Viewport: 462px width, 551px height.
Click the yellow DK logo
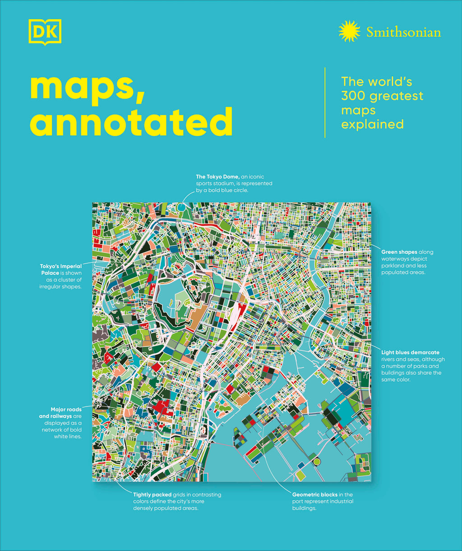click(44, 32)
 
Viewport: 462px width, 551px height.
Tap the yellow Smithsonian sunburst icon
click(350, 32)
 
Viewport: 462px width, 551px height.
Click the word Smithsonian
click(403, 32)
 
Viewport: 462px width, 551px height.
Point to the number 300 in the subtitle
click(355, 96)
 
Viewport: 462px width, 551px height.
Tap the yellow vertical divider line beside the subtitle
click(325, 102)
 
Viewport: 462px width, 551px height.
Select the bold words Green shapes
click(399, 252)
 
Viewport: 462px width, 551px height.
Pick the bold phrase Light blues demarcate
click(410, 352)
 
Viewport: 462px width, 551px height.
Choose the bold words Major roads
click(66, 410)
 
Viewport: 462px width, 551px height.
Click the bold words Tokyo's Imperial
click(61, 266)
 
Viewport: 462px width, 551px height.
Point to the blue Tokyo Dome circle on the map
click(181, 206)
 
